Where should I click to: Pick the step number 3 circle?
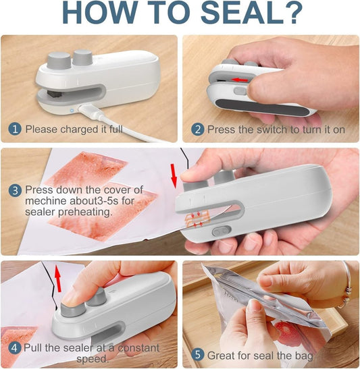click(15, 190)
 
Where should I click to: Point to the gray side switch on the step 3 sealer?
click(217, 230)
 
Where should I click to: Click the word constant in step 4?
click(135, 349)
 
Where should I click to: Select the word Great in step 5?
click(222, 354)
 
